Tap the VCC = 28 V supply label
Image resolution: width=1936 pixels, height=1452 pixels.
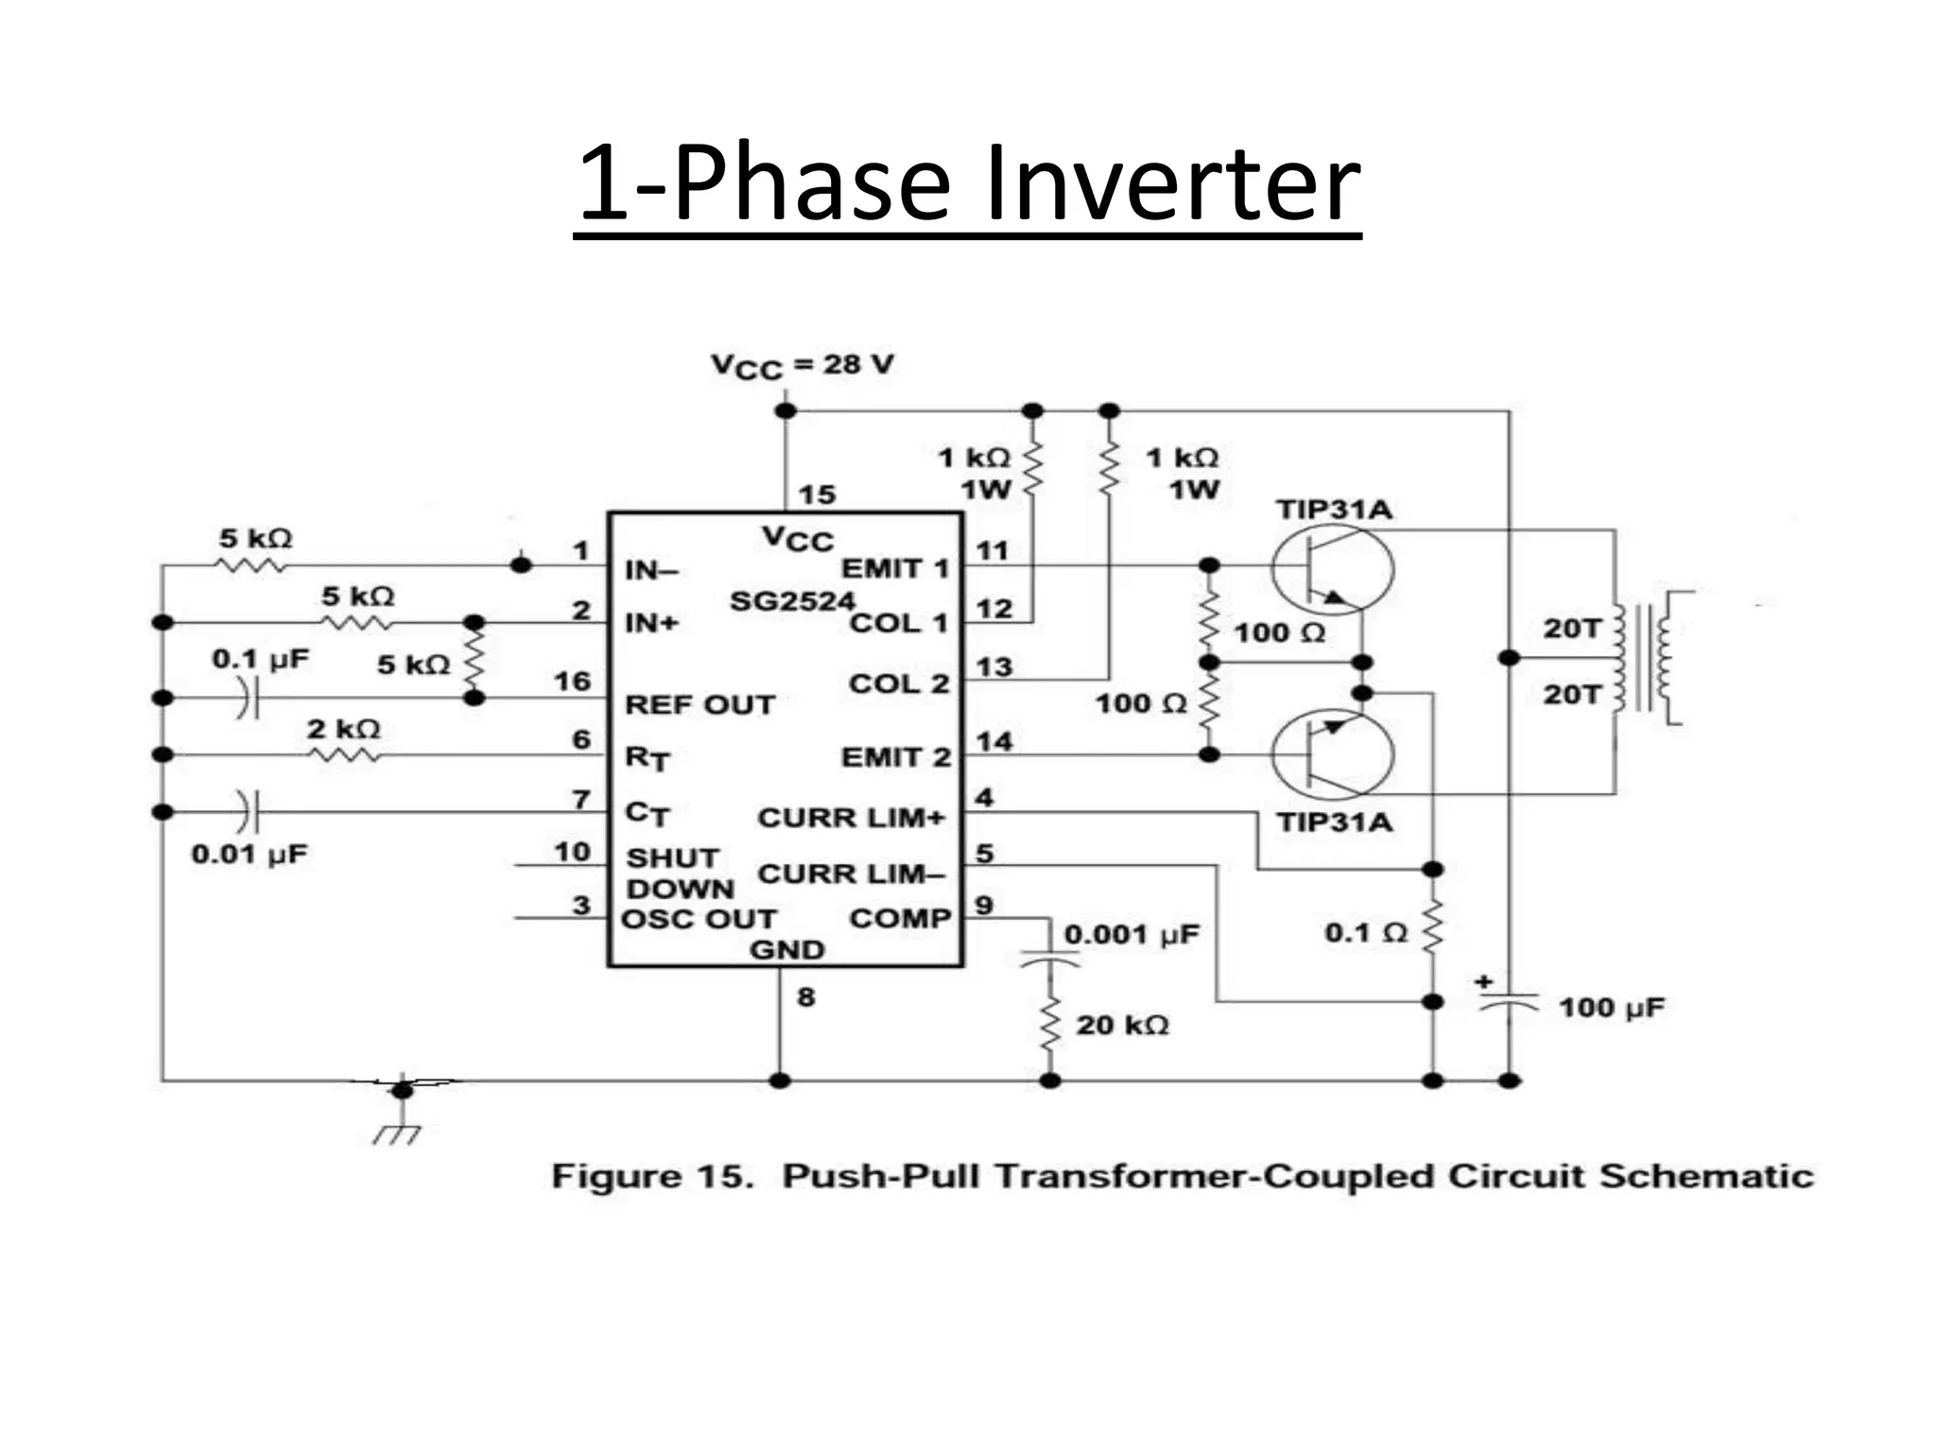click(802, 366)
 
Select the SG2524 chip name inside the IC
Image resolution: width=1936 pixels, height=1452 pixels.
click(792, 601)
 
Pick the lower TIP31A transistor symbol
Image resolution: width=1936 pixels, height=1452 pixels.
click(1332, 754)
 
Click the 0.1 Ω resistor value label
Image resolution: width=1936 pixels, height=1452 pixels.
click(1366, 933)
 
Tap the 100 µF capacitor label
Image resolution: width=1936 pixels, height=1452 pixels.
click(1611, 1008)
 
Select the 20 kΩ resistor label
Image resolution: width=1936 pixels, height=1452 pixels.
click(1122, 1025)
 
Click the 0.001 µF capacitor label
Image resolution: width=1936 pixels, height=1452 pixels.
click(1132, 935)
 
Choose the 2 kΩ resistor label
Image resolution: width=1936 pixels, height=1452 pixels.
click(343, 729)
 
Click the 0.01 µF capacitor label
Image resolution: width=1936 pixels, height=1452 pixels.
click(250, 855)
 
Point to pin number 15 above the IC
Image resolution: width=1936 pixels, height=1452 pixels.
click(817, 494)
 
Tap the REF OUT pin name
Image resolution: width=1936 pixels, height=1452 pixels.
click(700, 705)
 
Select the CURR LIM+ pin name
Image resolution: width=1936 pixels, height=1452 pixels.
click(851, 818)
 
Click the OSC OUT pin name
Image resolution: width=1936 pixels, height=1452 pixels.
click(699, 919)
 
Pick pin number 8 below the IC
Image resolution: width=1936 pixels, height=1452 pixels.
click(805, 996)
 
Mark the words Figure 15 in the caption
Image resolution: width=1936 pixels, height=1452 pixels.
click(652, 1177)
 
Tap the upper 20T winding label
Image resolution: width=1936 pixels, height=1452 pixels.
click(1572, 628)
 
